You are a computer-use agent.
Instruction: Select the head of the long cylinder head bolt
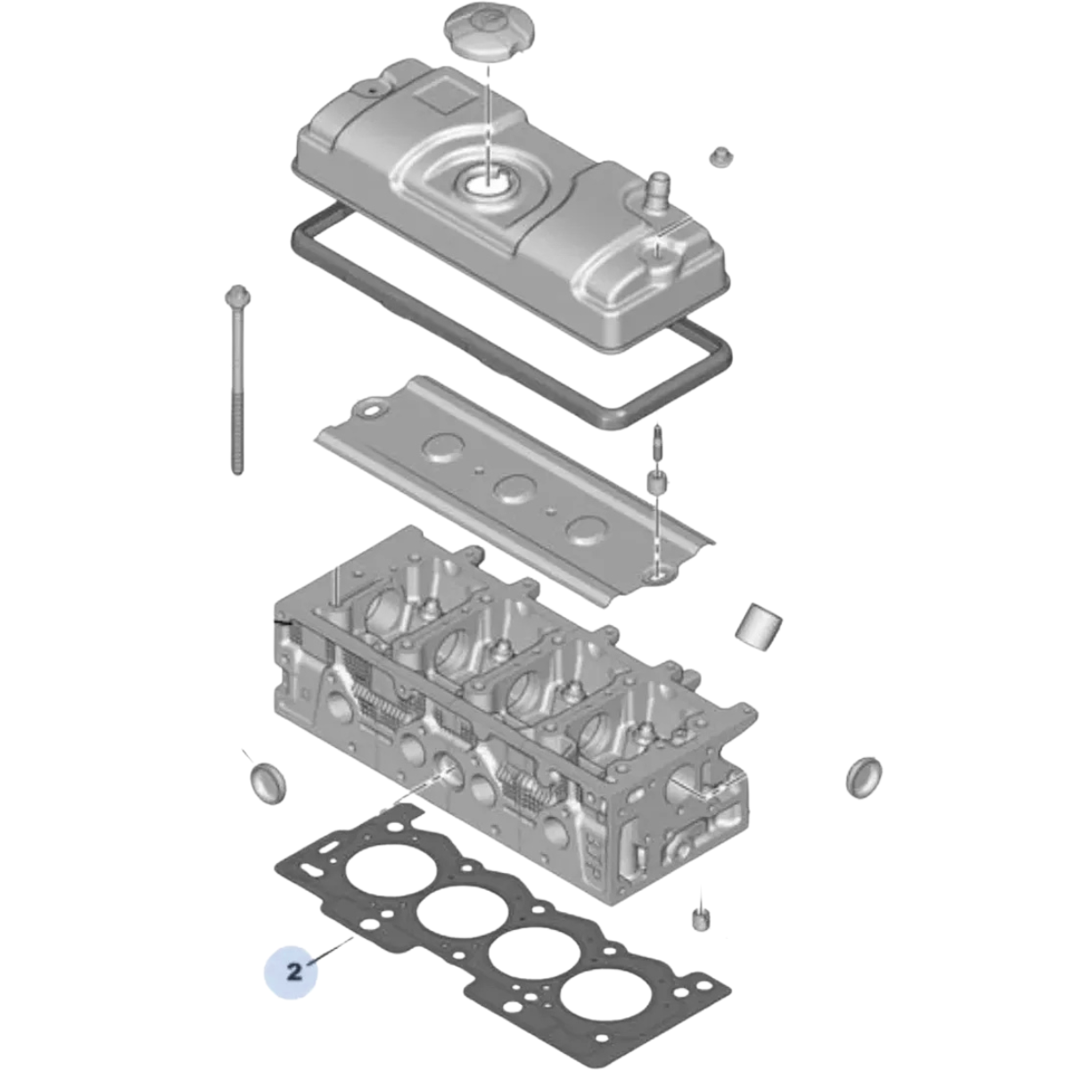pyautogui.click(x=238, y=297)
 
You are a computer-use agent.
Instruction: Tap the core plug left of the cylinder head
pyautogui.click(x=268, y=783)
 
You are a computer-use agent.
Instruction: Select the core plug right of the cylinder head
pyautogui.click(x=864, y=775)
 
